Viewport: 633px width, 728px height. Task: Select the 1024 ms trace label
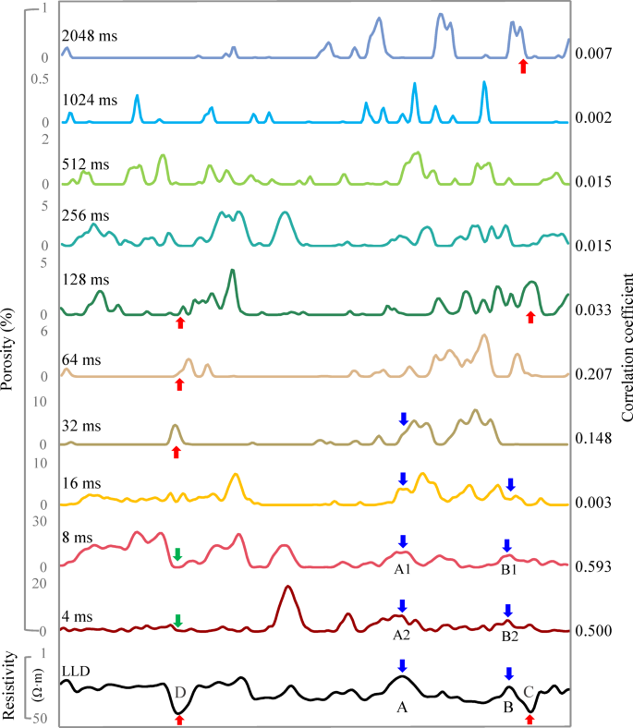coord(90,99)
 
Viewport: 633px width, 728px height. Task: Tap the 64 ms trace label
coord(83,354)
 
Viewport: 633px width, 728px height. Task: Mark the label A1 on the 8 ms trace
coord(402,570)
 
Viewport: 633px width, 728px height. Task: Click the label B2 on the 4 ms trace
coord(509,636)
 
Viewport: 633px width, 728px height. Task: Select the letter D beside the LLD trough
coord(180,692)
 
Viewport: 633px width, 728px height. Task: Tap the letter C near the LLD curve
coord(528,690)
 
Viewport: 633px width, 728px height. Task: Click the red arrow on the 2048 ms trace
coord(523,66)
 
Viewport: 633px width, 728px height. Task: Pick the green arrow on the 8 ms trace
coord(177,554)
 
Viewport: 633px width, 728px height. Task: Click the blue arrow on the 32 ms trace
coord(403,419)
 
